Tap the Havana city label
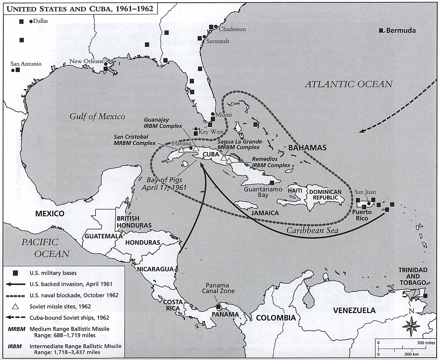[x=181, y=143]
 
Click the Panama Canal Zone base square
[x=218, y=306]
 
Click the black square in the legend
[x=15, y=273]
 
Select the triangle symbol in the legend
[x=15, y=306]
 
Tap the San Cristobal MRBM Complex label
[x=135, y=140]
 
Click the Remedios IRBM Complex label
[x=271, y=162]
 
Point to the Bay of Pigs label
[x=164, y=184]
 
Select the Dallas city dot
[x=31, y=21]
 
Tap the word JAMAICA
[x=265, y=213]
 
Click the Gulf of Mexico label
[x=97, y=116]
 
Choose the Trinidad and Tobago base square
[x=425, y=296]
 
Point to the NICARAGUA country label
[x=155, y=269]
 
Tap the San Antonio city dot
[x=13, y=70]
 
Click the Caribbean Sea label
[x=312, y=230]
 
